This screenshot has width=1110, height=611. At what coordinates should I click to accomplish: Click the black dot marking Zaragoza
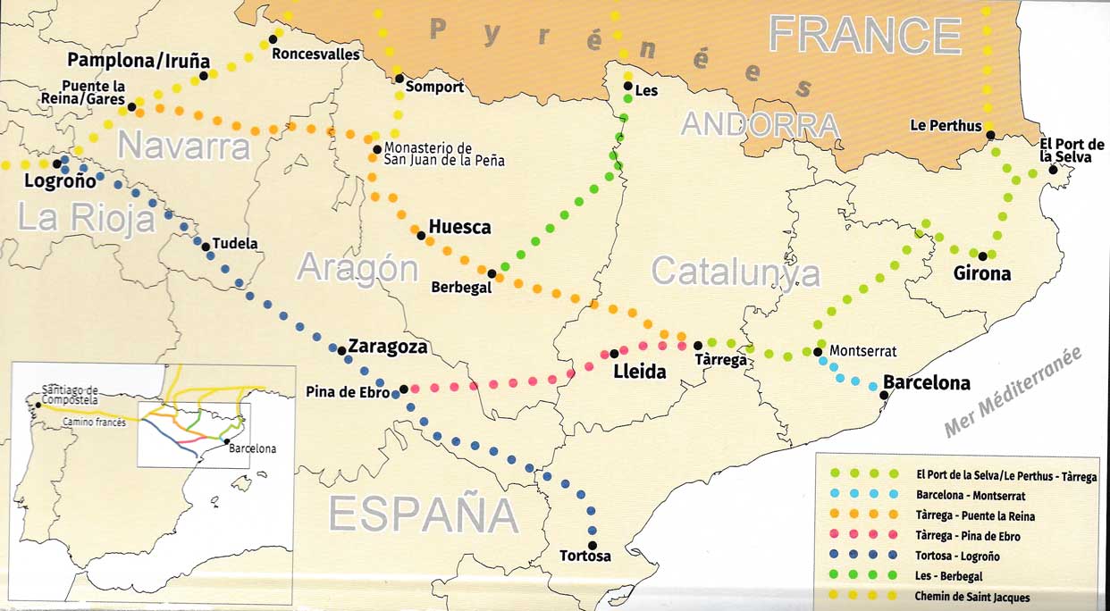pyautogui.click(x=342, y=350)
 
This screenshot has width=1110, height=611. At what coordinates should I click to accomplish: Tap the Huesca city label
pyautogui.click(x=459, y=227)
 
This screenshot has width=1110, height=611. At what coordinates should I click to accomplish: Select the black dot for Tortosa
pyautogui.click(x=592, y=545)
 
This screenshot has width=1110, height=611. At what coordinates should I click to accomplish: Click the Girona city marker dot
pyautogui.click(x=982, y=256)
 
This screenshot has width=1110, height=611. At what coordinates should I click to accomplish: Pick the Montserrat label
pyautogui.click(x=862, y=351)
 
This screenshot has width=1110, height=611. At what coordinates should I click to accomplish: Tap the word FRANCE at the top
pyautogui.click(x=864, y=35)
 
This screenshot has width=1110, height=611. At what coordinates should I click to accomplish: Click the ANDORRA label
pyautogui.click(x=760, y=125)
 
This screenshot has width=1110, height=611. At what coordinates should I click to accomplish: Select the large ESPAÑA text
pyautogui.click(x=423, y=515)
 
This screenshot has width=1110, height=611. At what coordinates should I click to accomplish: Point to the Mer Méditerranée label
pyautogui.click(x=1013, y=392)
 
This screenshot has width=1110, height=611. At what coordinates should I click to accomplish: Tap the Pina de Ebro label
pyautogui.click(x=348, y=391)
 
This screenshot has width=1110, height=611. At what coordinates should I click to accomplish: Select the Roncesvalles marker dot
pyautogui.click(x=273, y=39)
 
